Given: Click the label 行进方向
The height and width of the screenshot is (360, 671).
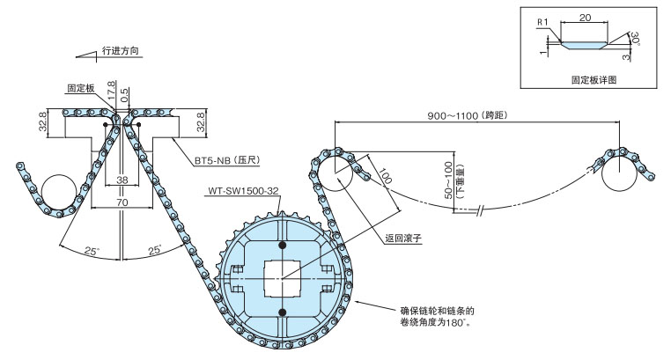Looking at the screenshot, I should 122,51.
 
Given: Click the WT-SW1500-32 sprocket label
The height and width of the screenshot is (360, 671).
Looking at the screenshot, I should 246,189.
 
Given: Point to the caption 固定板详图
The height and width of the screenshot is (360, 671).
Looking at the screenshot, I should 593,79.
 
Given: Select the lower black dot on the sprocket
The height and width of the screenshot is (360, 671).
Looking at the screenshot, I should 282,312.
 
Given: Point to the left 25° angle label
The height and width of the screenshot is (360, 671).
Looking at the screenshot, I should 91,251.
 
